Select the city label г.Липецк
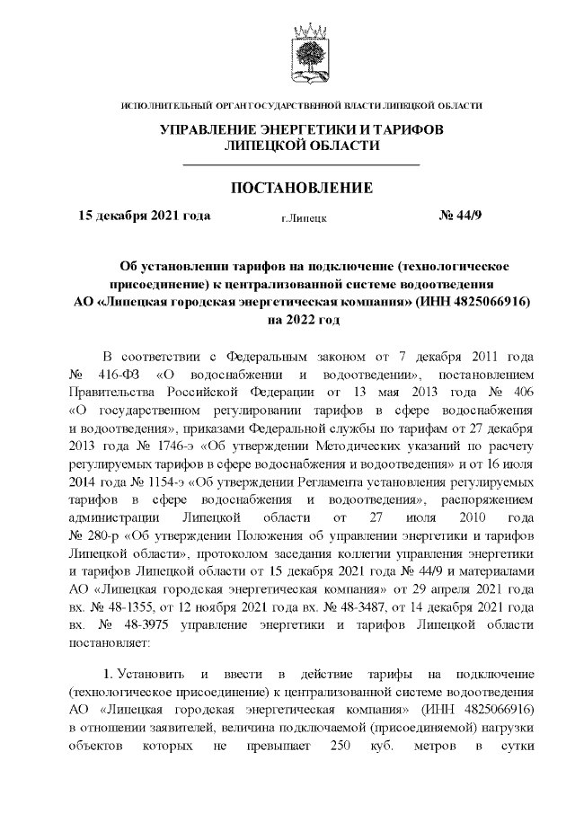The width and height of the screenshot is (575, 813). (x=303, y=217)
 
